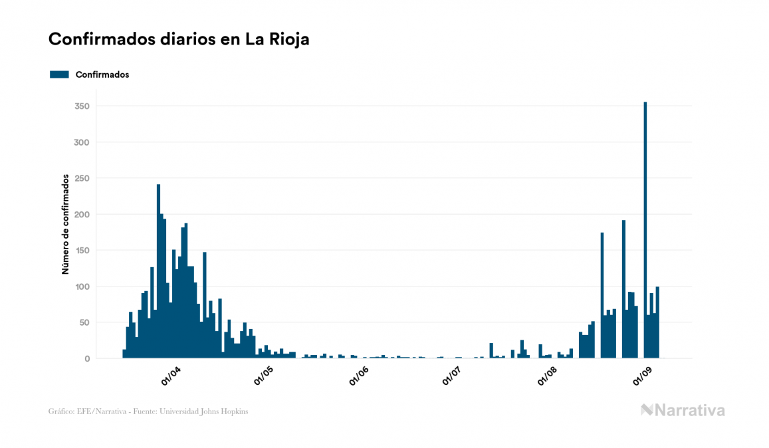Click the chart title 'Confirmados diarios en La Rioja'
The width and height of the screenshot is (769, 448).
pos(179,39)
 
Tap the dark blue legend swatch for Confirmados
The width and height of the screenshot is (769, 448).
pos(59,74)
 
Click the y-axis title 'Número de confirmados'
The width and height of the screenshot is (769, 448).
pos(66,224)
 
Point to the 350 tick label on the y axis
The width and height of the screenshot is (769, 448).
pos(82,106)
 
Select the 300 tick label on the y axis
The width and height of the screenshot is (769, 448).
pos(82,142)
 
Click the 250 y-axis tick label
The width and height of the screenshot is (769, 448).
pos(82,178)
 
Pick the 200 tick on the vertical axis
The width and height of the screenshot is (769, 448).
pos(82,215)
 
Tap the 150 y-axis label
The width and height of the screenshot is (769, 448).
pos(82,251)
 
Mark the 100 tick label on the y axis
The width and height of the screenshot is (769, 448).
pos(82,286)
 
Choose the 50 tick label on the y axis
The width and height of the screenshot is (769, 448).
pos(84,322)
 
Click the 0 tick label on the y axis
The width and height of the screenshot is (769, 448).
pos(86,359)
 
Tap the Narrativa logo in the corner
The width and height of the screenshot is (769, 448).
pos(683,410)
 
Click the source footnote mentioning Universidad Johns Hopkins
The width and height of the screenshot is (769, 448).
pos(148,411)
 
